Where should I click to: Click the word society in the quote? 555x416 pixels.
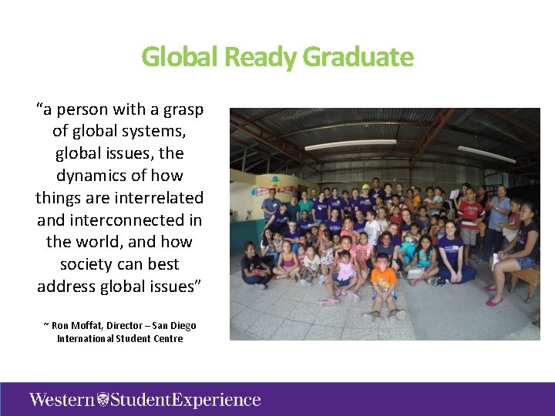[x=87, y=264]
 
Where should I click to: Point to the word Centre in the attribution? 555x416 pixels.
[x=166, y=338]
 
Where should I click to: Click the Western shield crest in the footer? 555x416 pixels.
[x=103, y=399]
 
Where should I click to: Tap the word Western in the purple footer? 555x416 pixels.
[x=62, y=399]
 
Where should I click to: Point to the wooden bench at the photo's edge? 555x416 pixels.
[x=526, y=279]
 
